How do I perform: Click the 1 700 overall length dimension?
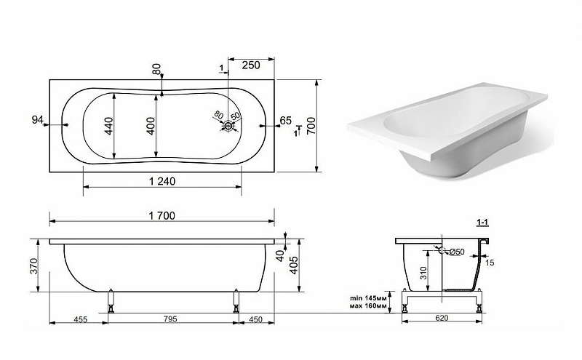tap(162, 215)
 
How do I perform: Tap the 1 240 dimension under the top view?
tap(162, 181)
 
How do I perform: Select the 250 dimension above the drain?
tap(251, 65)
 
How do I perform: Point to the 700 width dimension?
tap(311, 125)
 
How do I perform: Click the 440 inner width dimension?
tap(108, 126)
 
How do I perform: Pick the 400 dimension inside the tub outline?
tap(151, 126)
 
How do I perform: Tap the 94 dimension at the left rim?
tap(38, 120)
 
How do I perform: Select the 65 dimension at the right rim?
tap(286, 121)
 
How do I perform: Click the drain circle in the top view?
tap(228, 126)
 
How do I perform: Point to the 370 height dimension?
tap(33, 266)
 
